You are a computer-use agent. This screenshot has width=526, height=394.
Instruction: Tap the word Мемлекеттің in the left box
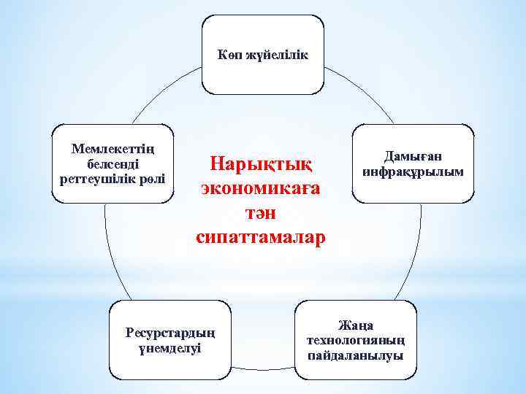coord(113,149)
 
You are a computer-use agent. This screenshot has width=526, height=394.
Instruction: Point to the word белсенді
coord(113,163)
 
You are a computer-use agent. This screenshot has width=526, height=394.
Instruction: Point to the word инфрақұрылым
coord(413,171)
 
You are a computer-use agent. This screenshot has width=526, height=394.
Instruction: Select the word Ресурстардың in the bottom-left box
coord(170,333)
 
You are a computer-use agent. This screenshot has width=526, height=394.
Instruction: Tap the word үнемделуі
coord(170,348)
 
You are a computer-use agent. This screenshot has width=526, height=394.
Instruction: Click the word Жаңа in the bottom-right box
coord(355,325)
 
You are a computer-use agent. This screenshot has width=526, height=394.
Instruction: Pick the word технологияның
coord(355,340)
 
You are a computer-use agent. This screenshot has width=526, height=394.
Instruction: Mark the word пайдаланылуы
coord(355,355)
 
